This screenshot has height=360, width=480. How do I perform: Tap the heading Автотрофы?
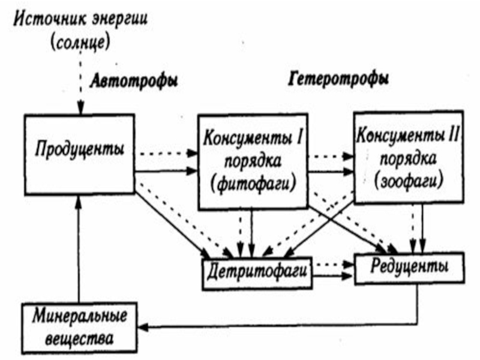(134, 82)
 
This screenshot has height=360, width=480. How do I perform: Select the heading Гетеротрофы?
(338, 79)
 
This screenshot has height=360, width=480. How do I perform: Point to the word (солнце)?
(80, 43)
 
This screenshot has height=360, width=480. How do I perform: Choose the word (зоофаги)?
(409, 181)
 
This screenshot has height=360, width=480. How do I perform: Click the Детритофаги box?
(257, 273)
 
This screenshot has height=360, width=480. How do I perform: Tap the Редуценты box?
(409, 268)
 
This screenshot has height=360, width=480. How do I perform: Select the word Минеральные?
(80, 316)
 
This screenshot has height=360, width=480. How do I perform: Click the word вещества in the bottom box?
(79, 338)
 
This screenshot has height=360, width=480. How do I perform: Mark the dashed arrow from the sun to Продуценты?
(80, 83)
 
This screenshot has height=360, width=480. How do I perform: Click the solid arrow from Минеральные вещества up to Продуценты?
(79, 248)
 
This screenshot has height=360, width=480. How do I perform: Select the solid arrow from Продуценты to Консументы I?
(166, 171)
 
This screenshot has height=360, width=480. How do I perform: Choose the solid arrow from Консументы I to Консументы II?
(331, 172)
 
